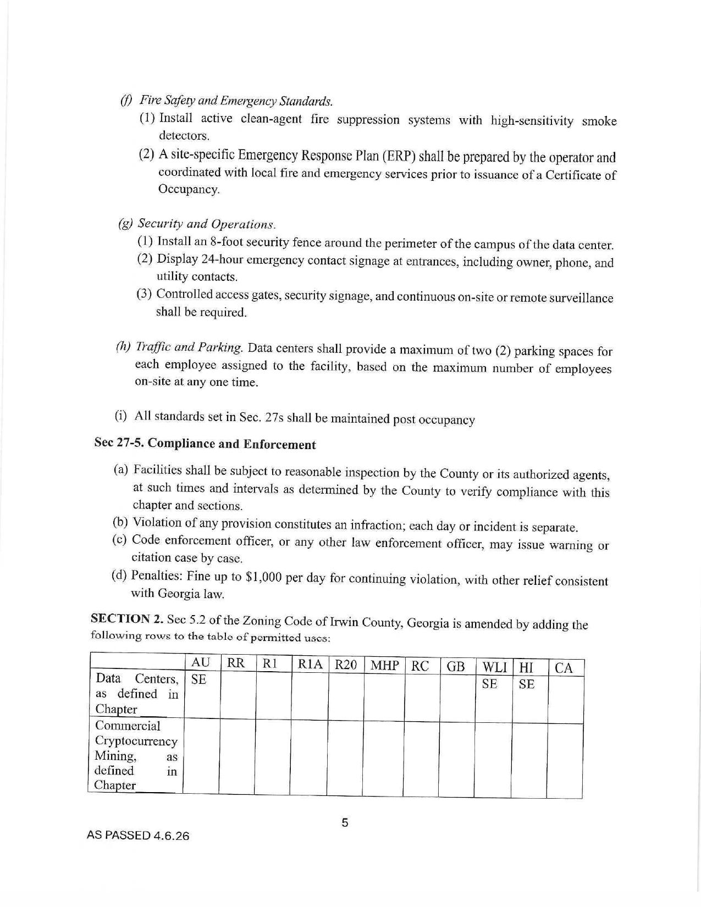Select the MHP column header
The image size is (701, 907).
(384, 666)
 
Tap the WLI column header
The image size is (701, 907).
(494, 668)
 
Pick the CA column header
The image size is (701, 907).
(564, 668)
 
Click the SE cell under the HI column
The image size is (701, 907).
(526, 684)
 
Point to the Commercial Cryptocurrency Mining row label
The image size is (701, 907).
(136, 755)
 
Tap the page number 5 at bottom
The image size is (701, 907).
(345, 823)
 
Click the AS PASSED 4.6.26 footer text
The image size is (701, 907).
(138, 836)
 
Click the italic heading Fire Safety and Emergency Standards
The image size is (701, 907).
(236, 101)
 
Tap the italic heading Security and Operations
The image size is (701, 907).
(206, 224)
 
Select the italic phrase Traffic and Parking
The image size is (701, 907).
(189, 347)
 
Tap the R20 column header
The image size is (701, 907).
(346, 665)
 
